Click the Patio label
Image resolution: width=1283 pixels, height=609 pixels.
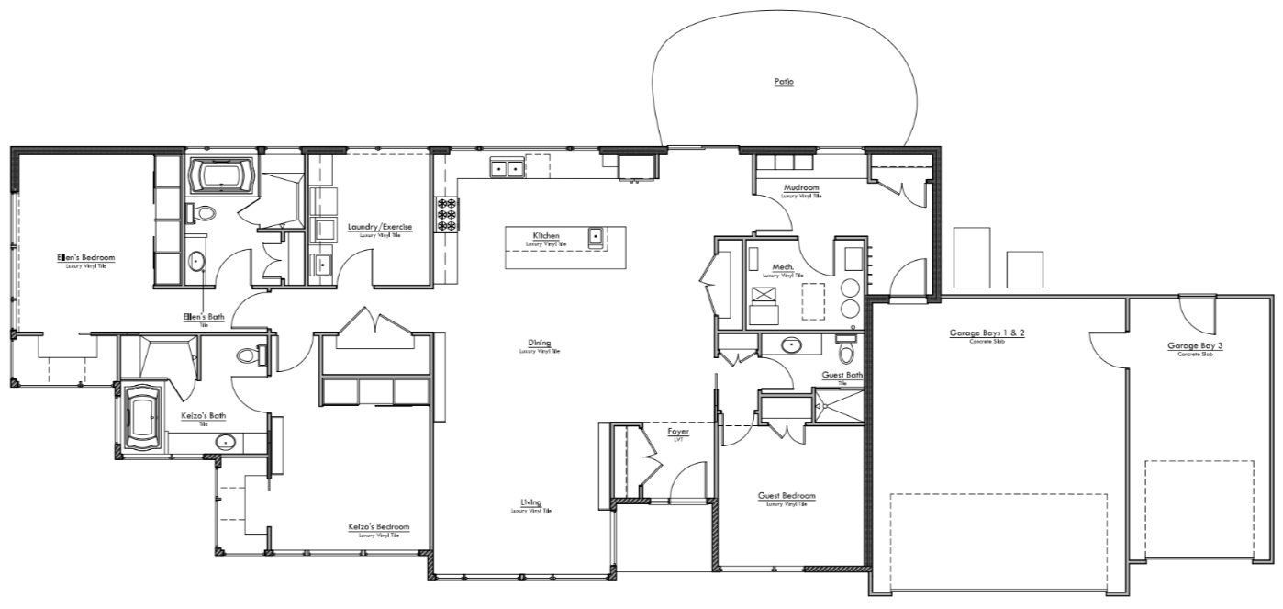pos(783,82)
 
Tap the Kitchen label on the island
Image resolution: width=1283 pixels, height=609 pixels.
pos(545,236)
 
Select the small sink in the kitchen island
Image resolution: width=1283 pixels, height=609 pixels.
pos(595,237)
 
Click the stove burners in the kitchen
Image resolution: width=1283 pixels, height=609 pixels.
pos(447,214)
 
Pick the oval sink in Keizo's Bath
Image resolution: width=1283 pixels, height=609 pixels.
pos(225,443)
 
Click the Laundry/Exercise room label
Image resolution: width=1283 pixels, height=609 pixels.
pos(379,227)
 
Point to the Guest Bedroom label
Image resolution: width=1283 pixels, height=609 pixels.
pos(787,496)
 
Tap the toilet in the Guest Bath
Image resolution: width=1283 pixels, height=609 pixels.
pos(846,353)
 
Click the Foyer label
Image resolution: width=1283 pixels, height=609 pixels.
pos(678,431)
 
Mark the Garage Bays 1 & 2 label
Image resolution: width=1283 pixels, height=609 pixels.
pos(987,333)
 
